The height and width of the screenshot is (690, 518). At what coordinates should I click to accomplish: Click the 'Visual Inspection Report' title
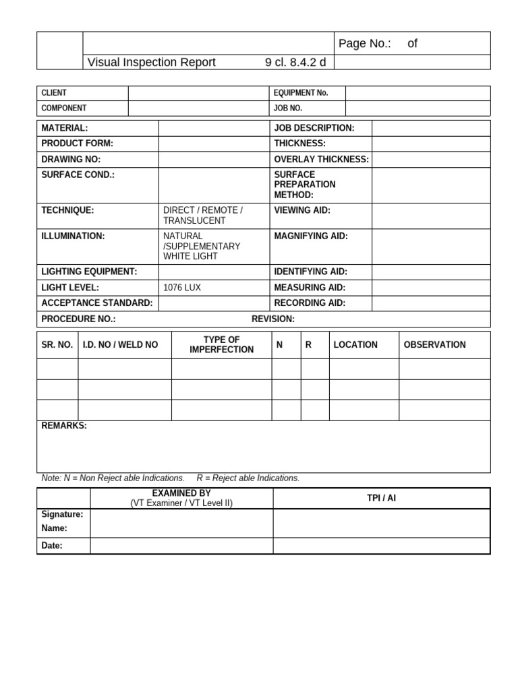click(x=152, y=63)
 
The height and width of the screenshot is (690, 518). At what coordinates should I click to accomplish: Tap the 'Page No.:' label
click(x=365, y=44)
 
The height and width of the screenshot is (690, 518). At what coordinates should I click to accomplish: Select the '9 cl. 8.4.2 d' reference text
click(x=295, y=63)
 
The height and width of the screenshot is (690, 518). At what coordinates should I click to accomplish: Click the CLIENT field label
click(x=54, y=93)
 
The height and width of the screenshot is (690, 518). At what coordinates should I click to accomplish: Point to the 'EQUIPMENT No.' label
click(x=301, y=93)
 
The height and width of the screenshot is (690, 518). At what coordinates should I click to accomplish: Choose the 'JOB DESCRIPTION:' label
click(x=314, y=128)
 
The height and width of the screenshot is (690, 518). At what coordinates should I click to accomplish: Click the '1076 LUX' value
click(x=182, y=288)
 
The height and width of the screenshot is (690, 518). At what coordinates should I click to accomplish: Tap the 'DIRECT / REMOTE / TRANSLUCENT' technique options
click(x=202, y=216)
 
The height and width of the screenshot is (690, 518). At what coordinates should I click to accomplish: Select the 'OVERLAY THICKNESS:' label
click(x=321, y=160)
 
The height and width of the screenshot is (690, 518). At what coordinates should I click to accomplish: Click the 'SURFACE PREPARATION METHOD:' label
click(x=304, y=185)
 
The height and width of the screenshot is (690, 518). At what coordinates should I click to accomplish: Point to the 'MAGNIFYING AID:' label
click(x=311, y=237)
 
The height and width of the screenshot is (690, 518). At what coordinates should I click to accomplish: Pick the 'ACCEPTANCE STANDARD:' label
click(x=97, y=303)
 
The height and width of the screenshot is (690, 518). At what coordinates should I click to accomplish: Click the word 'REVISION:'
click(x=273, y=319)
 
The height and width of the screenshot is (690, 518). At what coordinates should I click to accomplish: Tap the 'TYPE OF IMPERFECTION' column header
click(x=221, y=344)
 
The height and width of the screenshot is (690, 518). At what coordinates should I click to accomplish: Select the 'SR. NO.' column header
click(x=57, y=345)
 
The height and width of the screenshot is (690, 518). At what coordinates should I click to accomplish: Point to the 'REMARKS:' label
click(x=64, y=427)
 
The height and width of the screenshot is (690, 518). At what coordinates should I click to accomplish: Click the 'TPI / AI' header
click(x=382, y=499)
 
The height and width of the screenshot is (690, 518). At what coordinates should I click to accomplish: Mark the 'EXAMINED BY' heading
click(x=181, y=494)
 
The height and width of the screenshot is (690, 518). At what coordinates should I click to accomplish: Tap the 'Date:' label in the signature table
click(x=52, y=546)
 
